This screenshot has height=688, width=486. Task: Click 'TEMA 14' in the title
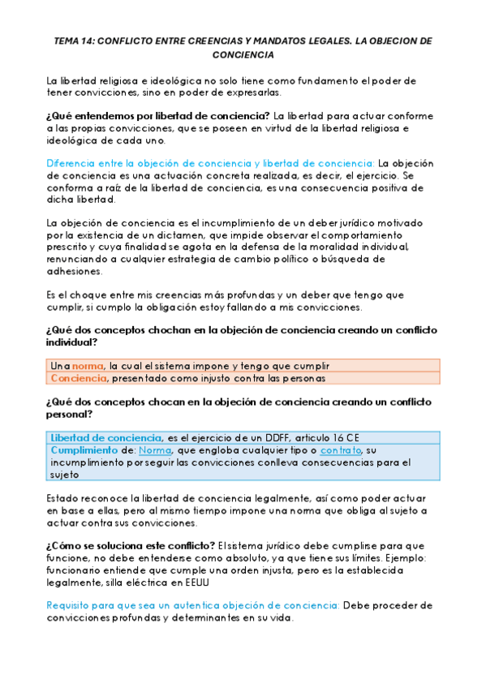pos(72,40)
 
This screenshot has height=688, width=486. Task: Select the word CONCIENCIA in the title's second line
pos(243,55)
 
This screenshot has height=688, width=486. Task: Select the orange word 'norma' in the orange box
pos(88,366)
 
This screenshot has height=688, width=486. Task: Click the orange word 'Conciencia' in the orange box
pos(79,378)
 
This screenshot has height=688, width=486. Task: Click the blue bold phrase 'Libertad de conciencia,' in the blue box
pos(107,438)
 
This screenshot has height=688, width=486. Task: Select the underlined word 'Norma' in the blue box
pos(155,450)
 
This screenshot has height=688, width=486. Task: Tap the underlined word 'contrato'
pos(341,450)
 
